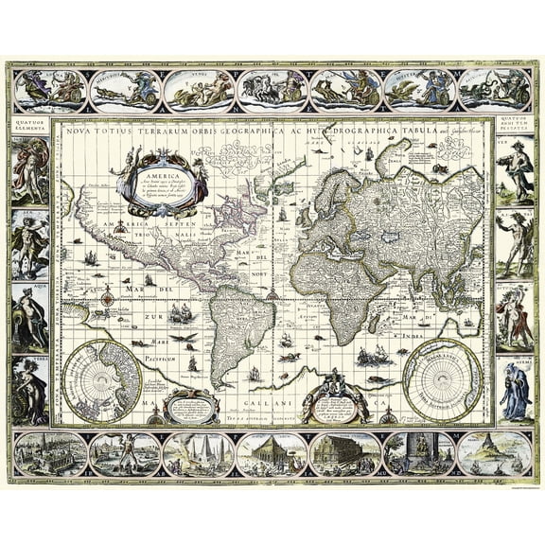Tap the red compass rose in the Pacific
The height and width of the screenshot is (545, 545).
(x=108, y=298)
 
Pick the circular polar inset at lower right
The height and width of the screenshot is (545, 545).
(x=442, y=378)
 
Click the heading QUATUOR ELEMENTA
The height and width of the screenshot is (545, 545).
(x=29, y=125)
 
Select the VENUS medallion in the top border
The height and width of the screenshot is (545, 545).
(x=199, y=90)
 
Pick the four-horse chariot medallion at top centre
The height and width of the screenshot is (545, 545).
(x=272, y=90)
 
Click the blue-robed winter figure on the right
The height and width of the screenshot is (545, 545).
(x=515, y=390)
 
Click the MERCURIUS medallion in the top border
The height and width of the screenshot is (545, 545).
(x=125, y=90)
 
